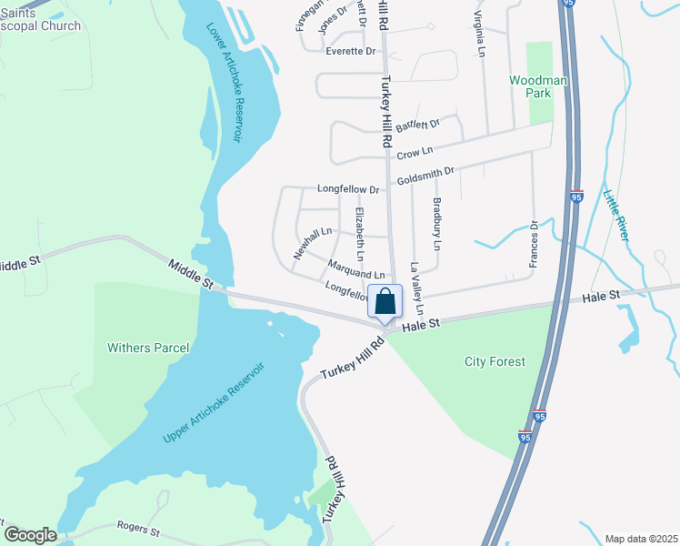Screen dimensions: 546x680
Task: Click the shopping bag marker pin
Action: pos(385,302)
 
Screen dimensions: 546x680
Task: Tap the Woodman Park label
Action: pos(538,86)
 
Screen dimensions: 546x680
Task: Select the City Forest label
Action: pos(495,361)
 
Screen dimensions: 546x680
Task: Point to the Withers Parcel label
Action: pos(148,348)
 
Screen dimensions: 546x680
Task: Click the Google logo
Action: pos(29,535)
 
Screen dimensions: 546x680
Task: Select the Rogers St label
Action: pos(138,528)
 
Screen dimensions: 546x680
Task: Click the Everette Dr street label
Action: pos(351,51)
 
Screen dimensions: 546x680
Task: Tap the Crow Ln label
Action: pos(415,152)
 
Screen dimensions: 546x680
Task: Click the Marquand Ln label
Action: pos(356,271)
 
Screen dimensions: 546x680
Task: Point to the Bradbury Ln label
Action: pos(437,225)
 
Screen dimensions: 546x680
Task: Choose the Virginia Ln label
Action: pos(478,35)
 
